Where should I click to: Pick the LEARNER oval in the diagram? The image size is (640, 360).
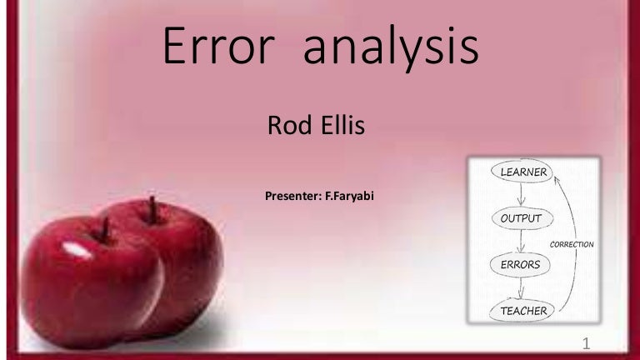[x=523, y=172]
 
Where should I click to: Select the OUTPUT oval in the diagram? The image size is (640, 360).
[x=521, y=219]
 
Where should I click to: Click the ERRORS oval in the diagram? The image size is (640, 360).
[x=520, y=265]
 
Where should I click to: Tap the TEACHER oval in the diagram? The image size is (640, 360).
[x=523, y=312]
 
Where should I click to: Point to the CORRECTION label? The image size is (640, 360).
[x=571, y=244]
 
